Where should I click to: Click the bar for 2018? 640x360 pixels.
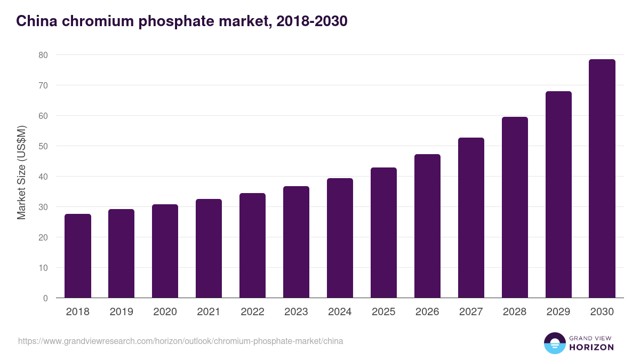[78, 256]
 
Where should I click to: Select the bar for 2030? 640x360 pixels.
[602, 179]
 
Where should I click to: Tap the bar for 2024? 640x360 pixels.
[340, 238]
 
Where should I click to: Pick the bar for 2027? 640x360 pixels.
[471, 218]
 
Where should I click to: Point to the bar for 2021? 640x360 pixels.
[209, 249]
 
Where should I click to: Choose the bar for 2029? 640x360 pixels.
[558, 195]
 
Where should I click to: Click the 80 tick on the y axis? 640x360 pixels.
[43, 55]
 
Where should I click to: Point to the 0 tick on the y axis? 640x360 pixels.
[45, 298]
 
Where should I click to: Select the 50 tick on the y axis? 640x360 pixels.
[43, 146]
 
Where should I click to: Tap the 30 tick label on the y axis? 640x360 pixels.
[43, 207]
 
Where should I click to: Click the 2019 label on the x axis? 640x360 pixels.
[121, 312]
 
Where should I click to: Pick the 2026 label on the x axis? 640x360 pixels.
[427, 312]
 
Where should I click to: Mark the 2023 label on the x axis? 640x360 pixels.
[296, 312]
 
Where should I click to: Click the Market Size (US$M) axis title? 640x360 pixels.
[21, 172]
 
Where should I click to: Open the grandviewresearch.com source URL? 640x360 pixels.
[181, 341]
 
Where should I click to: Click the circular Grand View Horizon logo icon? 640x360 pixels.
[554, 343]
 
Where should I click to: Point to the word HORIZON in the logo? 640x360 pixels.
[591, 347]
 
